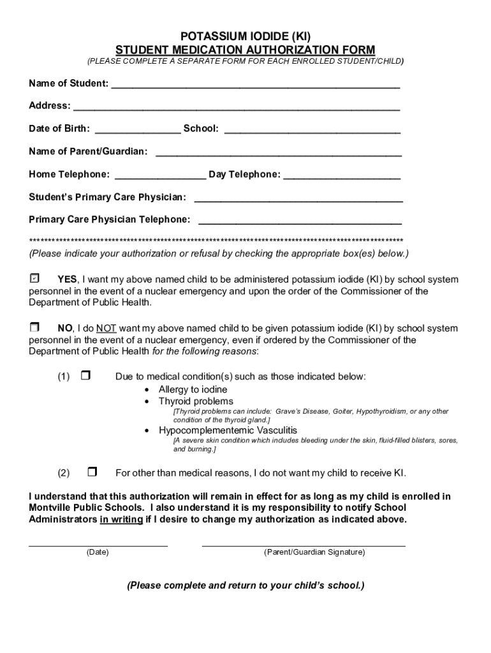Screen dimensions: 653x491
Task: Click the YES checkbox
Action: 34,279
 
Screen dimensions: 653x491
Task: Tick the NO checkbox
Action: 34,327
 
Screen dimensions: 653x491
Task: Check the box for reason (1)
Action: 85,376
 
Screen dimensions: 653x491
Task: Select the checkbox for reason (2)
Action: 92,473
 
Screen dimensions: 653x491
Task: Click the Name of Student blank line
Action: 256,85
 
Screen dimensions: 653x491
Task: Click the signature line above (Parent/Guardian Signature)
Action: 304,545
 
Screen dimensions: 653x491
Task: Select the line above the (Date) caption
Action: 98,545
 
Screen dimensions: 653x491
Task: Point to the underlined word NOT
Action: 106,328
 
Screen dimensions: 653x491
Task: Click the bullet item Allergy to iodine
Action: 193,389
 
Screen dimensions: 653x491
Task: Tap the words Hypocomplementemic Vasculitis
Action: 228,430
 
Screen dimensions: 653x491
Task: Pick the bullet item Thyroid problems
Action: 196,401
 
